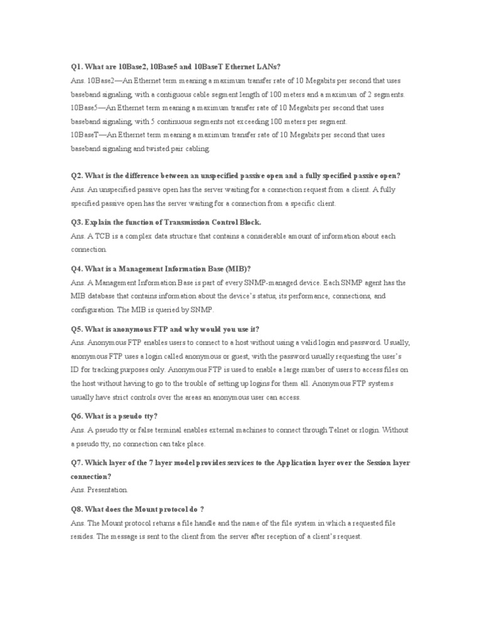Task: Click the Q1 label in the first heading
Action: pos(77,66)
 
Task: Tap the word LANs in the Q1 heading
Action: pos(268,66)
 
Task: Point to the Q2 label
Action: pos(77,176)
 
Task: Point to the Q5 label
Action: pos(77,329)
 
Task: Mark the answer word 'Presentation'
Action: pos(107,490)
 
